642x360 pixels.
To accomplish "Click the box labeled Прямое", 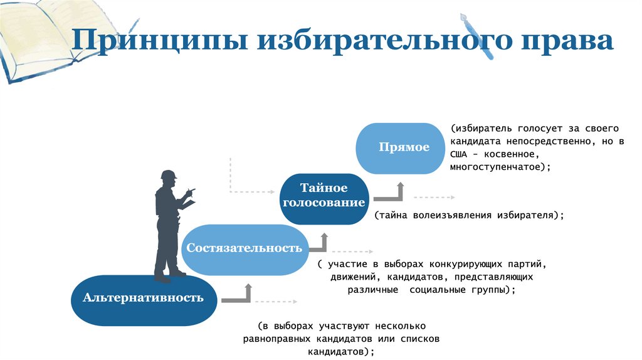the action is click(x=404, y=147).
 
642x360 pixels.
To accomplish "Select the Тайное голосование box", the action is click(x=324, y=196).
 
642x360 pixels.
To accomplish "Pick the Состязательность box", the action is click(x=244, y=248).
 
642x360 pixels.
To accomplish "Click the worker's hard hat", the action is click(x=169, y=174).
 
